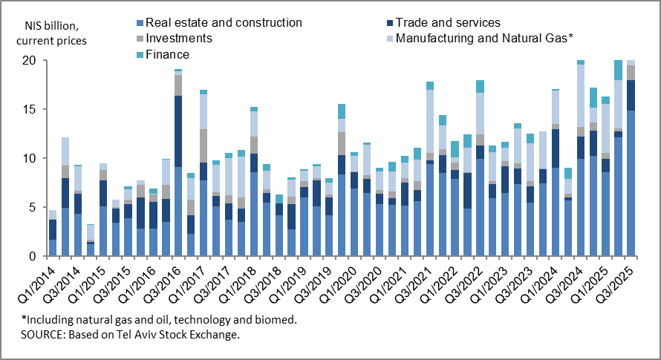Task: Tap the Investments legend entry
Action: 179,38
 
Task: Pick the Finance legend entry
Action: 168,53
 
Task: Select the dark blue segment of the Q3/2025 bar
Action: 631,95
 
